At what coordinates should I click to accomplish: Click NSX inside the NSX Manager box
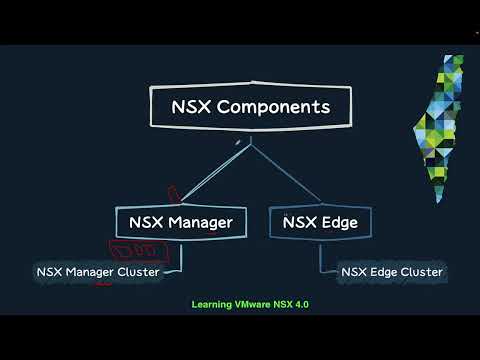[147, 221]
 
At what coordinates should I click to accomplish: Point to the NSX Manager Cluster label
[98, 271]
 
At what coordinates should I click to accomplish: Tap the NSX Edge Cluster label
[391, 271]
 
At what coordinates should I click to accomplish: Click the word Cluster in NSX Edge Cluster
[420, 271]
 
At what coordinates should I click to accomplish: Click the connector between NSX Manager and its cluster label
[179, 256]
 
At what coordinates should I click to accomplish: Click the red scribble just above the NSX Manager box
[173, 191]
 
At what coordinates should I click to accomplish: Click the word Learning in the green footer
[213, 304]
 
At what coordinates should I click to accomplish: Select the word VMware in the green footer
[256, 304]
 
